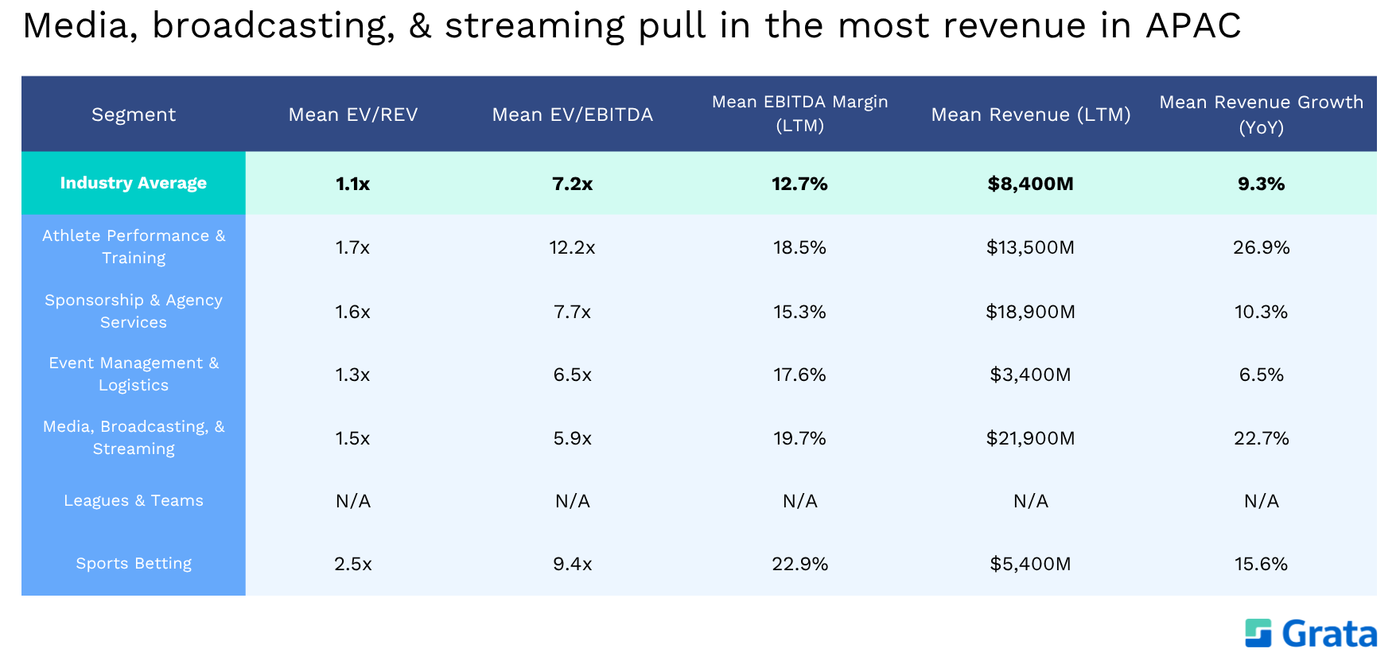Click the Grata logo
tap(1311, 634)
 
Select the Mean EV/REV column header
tap(353, 115)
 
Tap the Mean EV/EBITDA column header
tap(573, 115)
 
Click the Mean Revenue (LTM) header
tap(1031, 115)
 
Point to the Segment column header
tap(134, 115)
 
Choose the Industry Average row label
tap(134, 183)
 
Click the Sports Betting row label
tap(134, 564)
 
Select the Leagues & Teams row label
tap(134, 500)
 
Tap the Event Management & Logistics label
tap(134, 374)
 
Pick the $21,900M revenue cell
tap(1031, 438)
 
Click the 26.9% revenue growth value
tap(1262, 247)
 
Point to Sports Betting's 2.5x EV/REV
tap(353, 564)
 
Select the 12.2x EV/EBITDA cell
tap(573, 247)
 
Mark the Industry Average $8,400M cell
tap(1031, 184)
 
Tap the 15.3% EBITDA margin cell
tap(800, 312)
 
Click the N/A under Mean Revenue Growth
tap(1262, 501)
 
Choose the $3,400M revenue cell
tap(1031, 375)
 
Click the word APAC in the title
tap(1193, 25)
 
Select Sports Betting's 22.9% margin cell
tap(800, 564)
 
